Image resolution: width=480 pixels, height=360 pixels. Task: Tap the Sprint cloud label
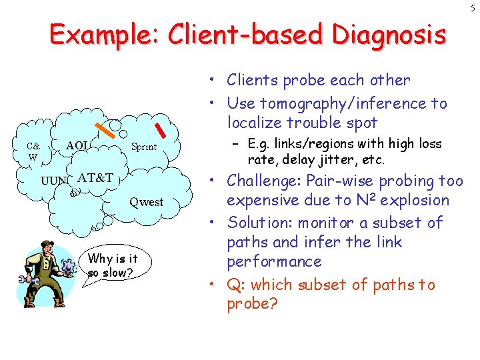(x=143, y=147)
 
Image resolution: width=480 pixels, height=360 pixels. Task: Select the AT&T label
(x=95, y=178)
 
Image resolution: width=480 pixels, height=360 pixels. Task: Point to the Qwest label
(x=146, y=202)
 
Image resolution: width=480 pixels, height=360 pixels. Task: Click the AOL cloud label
(x=77, y=146)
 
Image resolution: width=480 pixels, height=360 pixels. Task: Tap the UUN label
(x=53, y=181)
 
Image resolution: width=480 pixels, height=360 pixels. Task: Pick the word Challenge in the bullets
(x=261, y=181)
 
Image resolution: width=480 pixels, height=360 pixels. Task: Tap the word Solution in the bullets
(x=255, y=223)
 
